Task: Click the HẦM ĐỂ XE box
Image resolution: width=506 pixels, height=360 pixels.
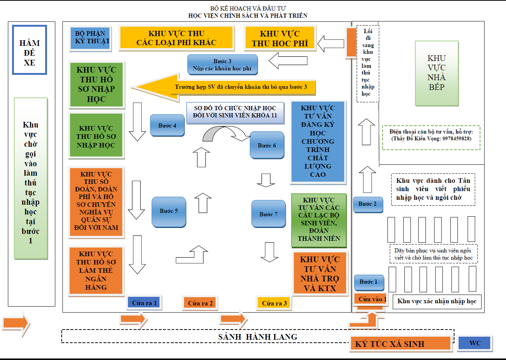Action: click(x=29, y=50)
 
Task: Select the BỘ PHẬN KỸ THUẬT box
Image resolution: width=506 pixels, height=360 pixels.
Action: click(x=90, y=38)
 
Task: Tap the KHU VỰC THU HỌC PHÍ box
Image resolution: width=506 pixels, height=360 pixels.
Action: click(x=280, y=38)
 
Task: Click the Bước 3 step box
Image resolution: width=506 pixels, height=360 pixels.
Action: click(x=222, y=65)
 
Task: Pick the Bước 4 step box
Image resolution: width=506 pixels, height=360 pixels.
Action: click(x=167, y=125)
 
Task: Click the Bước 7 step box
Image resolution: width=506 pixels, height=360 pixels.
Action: click(x=268, y=214)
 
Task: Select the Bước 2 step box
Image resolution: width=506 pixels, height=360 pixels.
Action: click(x=368, y=204)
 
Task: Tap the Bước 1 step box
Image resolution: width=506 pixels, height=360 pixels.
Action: click(x=368, y=282)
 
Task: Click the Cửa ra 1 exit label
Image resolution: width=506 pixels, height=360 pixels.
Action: click(x=144, y=303)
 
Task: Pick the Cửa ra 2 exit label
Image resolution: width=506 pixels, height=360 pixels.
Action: click(x=200, y=303)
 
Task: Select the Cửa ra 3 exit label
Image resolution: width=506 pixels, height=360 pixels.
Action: click(x=274, y=303)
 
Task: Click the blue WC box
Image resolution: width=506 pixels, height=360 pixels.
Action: click(x=475, y=343)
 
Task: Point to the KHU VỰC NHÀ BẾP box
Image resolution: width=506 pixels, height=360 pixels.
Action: click(x=436, y=73)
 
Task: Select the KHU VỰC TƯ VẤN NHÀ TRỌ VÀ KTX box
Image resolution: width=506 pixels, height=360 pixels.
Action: click(x=320, y=274)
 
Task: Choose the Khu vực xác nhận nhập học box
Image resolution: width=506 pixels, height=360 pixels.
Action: click(x=437, y=301)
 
